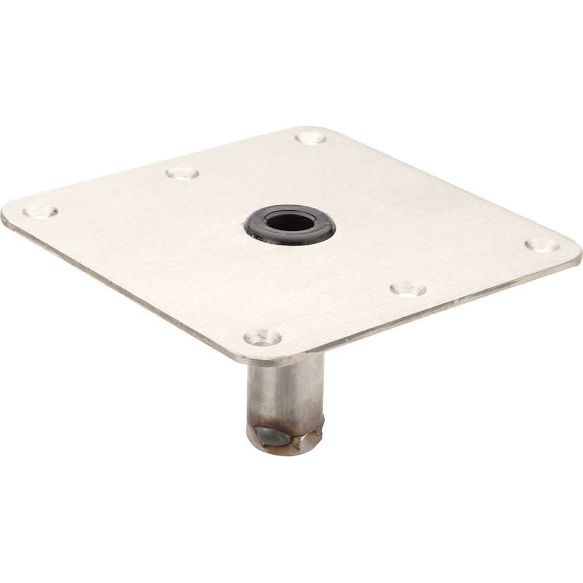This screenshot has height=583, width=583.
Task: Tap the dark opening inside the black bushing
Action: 289,222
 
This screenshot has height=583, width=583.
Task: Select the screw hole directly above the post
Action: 262,336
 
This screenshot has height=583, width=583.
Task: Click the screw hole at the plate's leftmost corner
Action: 40,210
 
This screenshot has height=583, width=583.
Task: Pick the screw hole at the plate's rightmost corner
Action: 542,245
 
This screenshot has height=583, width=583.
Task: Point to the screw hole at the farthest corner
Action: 310,139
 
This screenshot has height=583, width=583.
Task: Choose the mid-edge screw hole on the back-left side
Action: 182,173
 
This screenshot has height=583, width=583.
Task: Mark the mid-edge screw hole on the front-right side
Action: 408,288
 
